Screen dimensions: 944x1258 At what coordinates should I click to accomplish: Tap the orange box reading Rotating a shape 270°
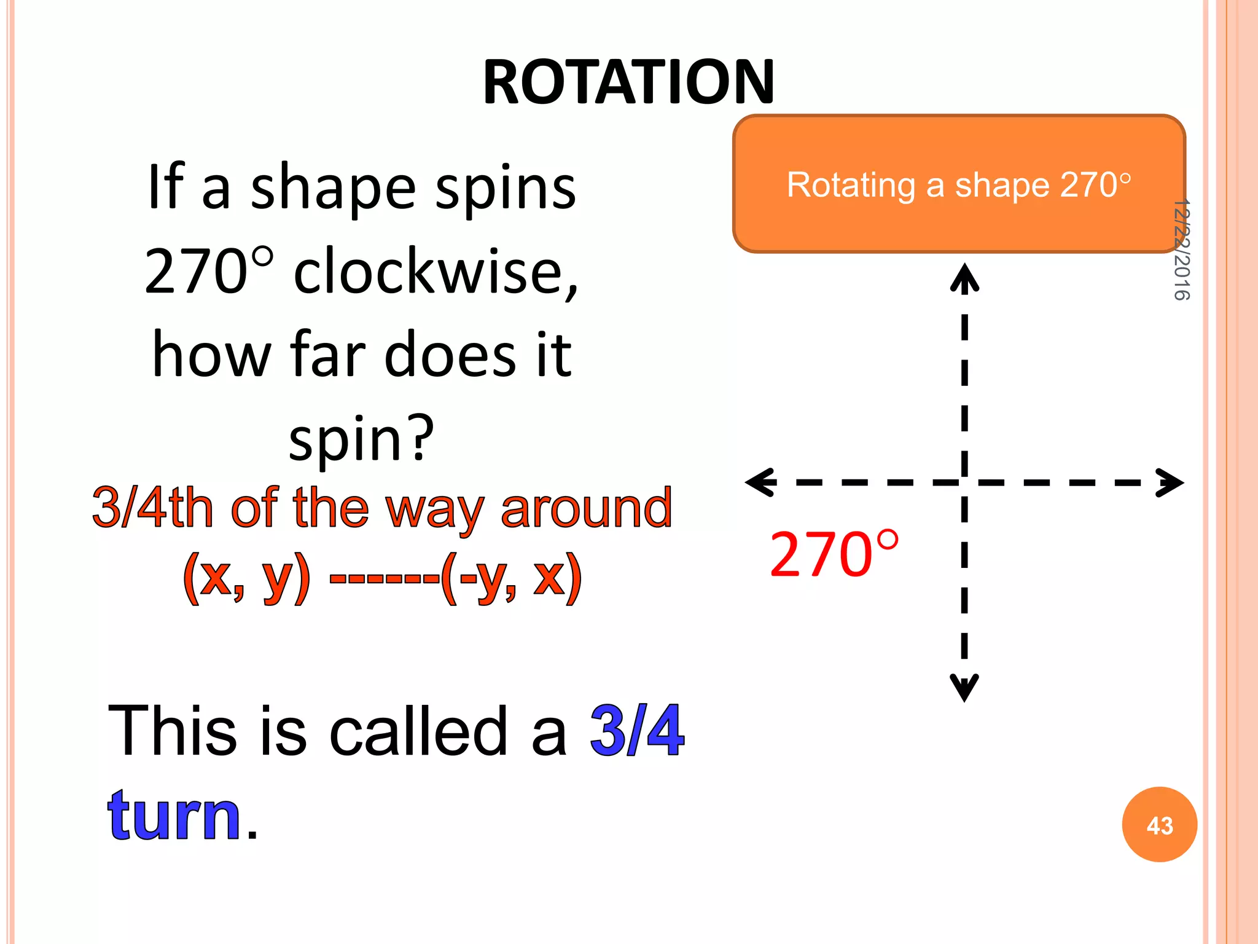pyautogui.click(x=958, y=184)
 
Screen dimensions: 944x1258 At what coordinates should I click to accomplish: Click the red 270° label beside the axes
pyautogui.click(x=834, y=555)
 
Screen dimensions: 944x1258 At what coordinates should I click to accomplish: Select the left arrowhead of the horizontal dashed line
pyautogui.click(x=759, y=482)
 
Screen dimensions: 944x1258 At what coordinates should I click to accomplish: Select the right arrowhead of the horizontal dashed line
pyautogui.click(x=1170, y=482)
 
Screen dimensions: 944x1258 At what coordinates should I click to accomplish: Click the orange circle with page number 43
pyautogui.click(x=1159, y=825)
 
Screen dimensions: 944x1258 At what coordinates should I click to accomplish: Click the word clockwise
pyautogui.click(x=436, y=271)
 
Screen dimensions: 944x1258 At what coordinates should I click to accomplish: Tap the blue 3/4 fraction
pyautogui.click(x=637, y=731)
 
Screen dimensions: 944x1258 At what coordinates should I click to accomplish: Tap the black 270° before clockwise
pyautogui.click(x=209, y=271)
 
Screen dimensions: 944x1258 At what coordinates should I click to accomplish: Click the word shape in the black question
pyautogui.click(x=334, y=188)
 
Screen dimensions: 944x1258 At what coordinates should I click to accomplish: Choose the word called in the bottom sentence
pyautogui.click(x=418, y=731)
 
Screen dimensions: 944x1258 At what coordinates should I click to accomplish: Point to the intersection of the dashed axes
pyautogui.click(x=964, y=482)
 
